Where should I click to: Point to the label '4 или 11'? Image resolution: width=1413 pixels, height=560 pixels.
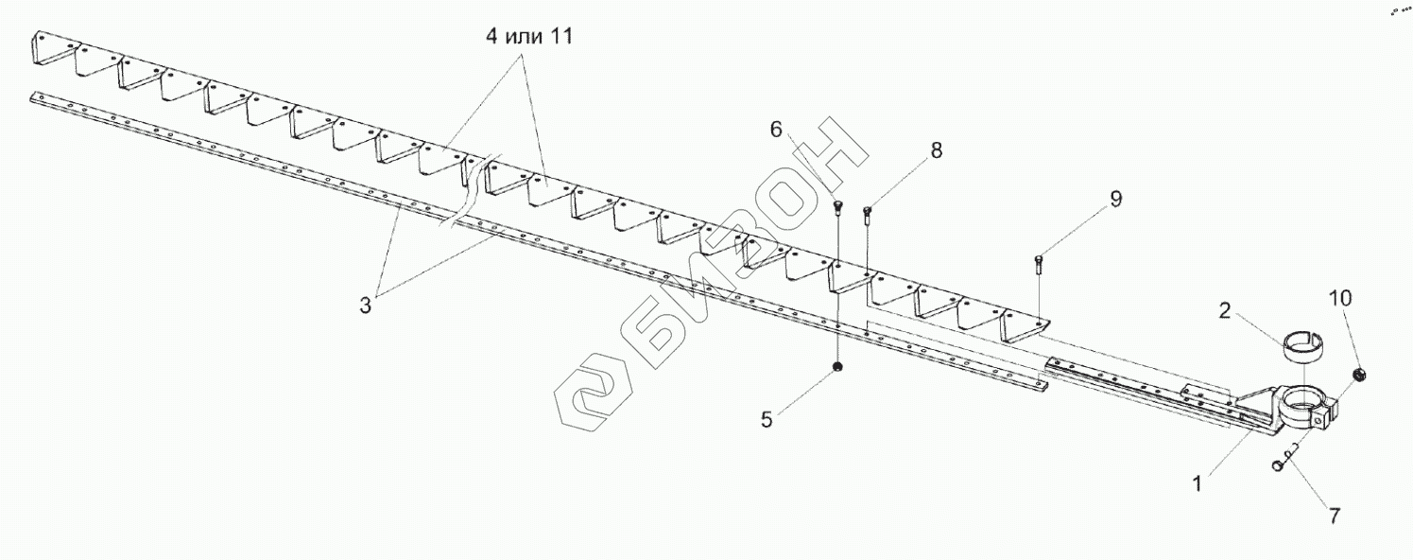pos(526,39)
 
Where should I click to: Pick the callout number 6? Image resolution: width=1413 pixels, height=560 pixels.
pos(776,130)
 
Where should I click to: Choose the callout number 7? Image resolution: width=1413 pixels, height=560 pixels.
pos(1335,516)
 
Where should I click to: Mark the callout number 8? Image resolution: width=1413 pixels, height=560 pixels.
pos(936,149)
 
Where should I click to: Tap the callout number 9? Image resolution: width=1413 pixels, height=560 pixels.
pos(1116,199)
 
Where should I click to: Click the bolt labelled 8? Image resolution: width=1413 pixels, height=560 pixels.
pos(868,212)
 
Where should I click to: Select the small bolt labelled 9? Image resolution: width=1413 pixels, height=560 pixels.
pos(1038,262)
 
